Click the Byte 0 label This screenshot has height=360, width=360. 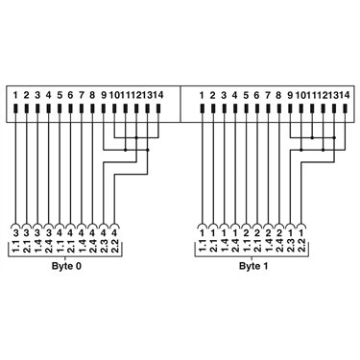point(66,266)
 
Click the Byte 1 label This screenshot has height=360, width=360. point(253,266)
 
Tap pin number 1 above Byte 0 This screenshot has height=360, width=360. point(15,95)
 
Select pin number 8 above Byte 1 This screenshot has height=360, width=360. point(278,95)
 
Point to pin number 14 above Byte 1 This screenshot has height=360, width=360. point(345,95)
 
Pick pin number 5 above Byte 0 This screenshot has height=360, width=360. point(60,95)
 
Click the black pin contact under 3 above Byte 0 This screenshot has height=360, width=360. point(37,108)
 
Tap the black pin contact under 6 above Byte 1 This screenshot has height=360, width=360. point(257,108)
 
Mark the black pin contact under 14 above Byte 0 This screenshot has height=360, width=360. point(158,108)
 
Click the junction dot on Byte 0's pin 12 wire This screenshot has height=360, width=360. point(136,138)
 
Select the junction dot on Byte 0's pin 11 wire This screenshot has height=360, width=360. point(125,150)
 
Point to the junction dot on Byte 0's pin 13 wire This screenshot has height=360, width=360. point(148,150)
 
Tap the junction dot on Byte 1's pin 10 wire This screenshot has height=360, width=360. point(301,150)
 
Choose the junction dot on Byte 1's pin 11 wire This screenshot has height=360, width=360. point(312,138)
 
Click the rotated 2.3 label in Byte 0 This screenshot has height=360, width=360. point(104,246)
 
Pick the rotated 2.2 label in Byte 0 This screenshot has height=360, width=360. point(115,246)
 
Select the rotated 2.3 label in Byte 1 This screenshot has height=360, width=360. point(290,246)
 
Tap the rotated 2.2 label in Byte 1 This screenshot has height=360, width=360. point(301,246)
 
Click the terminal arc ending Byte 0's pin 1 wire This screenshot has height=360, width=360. point(15,224)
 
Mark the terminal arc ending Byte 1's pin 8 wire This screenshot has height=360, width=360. point(278,224)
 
